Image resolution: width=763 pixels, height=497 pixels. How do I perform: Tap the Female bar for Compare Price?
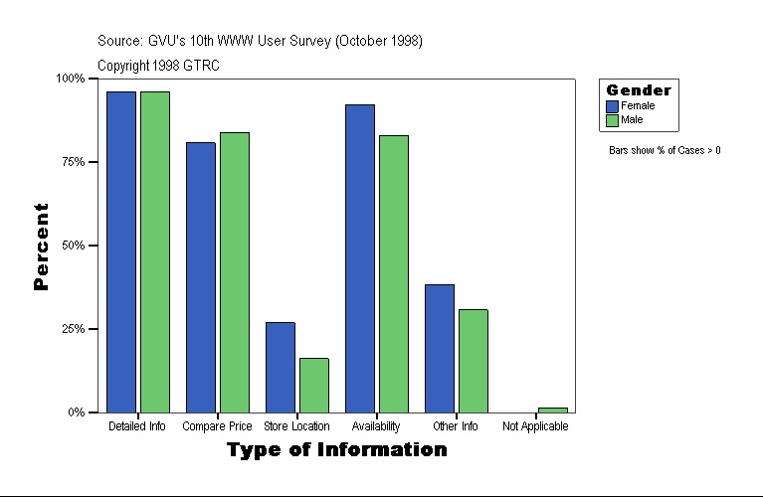200,277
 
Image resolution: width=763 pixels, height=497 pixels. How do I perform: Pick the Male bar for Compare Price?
234,272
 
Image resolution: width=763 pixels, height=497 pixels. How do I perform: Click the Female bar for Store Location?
280,367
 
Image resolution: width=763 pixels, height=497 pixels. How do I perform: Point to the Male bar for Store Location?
313,385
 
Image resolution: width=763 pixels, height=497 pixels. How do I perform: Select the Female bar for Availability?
359,258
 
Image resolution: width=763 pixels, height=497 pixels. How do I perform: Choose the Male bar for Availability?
393,273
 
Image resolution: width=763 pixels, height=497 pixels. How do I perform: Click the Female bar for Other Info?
439,348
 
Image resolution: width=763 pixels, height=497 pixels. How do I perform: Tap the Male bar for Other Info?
473,360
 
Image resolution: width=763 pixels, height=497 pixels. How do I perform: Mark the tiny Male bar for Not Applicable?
552,410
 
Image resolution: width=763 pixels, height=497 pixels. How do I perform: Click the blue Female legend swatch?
613,106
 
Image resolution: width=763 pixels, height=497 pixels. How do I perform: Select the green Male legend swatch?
613,120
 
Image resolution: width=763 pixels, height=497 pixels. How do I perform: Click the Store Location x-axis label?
296,426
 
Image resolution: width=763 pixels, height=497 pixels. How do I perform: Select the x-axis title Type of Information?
336,450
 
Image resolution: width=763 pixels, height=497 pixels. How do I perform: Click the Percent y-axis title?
41,247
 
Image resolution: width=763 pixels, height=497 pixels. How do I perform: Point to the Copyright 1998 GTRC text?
158,66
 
